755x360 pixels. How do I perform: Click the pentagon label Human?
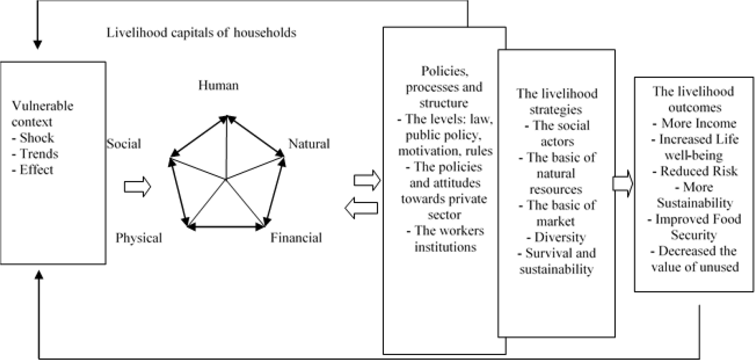(x=219, y=86)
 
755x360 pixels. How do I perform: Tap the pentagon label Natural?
(x=309, y=144)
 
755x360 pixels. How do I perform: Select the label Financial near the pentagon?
(x=296, y=238)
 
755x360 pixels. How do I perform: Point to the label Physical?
(x=139, y=238)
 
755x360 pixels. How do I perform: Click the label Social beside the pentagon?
(x=124, y=144)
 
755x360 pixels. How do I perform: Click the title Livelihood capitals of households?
(x=201, y=33)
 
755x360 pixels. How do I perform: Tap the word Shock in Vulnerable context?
(x=37, y=137)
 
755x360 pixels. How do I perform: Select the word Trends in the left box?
(x=39, y=154)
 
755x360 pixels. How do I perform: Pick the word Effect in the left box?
(x=36, y=170)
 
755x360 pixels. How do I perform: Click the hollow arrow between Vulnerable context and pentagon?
(x=137, y=187)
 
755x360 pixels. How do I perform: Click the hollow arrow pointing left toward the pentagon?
(x=361, y=208)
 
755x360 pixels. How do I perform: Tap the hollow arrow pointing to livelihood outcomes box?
(x=623, y=183)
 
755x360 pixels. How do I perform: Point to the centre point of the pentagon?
(x=226, y=179)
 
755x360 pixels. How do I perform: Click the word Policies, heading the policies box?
(x=445, y=71)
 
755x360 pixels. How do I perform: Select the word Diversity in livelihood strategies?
(x=560, y=237)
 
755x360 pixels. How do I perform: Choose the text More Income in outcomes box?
(x=698, y=123)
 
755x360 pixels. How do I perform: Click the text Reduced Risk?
(x=699, y=171)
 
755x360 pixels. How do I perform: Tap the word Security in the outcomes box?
(x=694, y=235)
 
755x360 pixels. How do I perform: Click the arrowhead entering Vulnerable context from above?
(x=37, y=44)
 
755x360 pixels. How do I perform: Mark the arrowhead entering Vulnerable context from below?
(x=39, y=274)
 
